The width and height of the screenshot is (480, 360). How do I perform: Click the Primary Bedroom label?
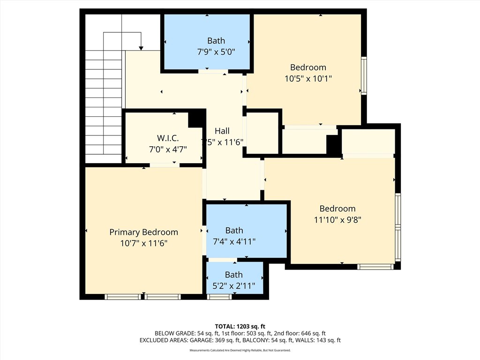[143, 232]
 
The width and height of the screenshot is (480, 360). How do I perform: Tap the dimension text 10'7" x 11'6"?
[143, 243]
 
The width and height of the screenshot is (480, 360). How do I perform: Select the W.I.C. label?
[167, 138]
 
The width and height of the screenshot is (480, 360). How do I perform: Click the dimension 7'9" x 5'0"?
[216, 52]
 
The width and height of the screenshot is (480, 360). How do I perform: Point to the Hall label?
[222, 131]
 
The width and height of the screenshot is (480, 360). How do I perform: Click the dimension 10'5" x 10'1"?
[308, 79]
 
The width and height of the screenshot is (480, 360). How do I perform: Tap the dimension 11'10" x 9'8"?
[337, 219]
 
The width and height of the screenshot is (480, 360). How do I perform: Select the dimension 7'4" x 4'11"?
[234, 241]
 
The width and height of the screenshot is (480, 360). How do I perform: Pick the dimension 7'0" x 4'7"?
[167, 150]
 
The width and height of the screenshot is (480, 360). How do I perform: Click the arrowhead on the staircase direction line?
[141, 48]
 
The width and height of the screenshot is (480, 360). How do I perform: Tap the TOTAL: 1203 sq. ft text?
[240, 326]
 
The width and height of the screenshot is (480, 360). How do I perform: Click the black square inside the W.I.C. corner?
[196, 120]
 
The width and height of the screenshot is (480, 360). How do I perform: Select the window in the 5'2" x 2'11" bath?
[219, 297]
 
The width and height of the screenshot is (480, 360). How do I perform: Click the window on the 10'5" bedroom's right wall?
[363, 75]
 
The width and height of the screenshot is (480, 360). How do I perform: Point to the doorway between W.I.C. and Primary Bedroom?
[164, 165]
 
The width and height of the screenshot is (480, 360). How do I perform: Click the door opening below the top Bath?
[213, 72]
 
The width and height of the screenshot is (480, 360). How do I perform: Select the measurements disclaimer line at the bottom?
[240, 351]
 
